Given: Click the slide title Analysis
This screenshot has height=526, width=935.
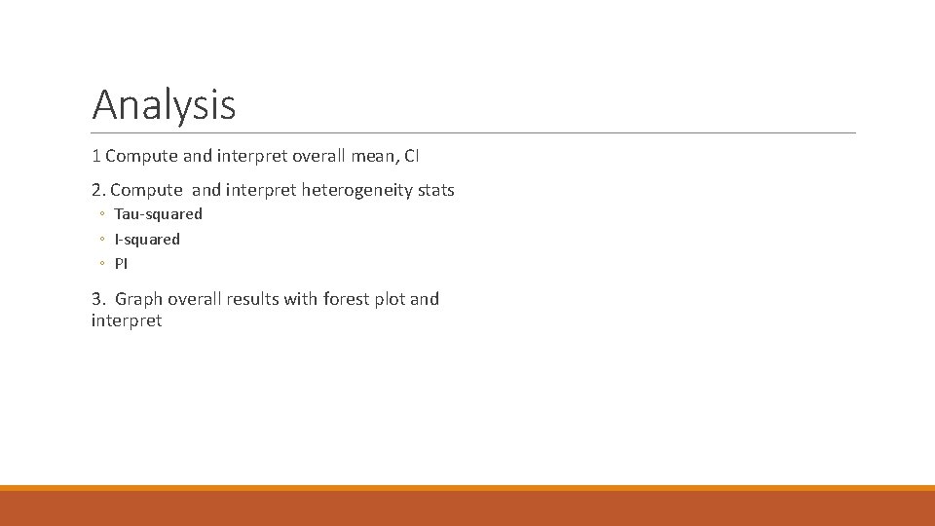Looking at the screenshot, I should point(164,104).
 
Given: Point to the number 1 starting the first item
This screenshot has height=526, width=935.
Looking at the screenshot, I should point(95,156).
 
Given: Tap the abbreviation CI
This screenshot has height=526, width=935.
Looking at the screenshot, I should point(411,156).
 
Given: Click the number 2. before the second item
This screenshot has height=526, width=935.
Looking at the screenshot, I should point(98,190).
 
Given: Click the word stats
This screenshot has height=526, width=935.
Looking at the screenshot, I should point(435,190).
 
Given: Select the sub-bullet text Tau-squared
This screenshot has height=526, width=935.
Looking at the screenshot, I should point(158,214).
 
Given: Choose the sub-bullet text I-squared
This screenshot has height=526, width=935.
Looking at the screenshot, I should point(147,239).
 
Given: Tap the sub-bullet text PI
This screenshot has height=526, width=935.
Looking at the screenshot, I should point(121,264).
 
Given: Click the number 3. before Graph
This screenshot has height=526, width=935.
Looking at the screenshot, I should point(98,299).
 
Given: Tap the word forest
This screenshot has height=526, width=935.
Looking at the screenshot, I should point(344,299).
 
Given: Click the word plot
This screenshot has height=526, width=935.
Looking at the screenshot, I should point(389,299).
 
